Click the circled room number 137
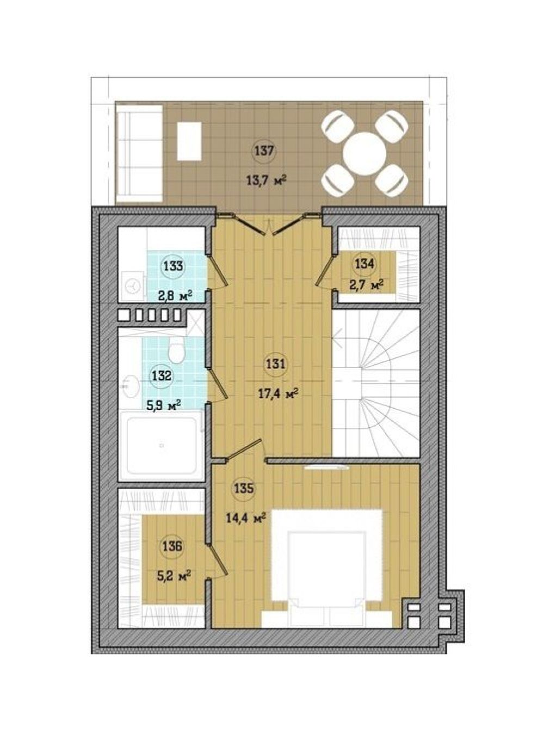[x=264, y=152]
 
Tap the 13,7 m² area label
[x=266, y=180]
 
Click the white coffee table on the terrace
[x=189, y=141]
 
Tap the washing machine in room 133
[x=132, y=285]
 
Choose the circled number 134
[x=365, y=264]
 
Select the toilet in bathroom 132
[x=176, y=349]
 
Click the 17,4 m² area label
[x=277, y=394]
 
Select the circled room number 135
[x=244, y=488]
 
